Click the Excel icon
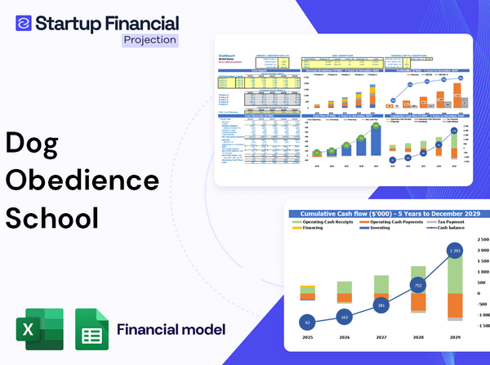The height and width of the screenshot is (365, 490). (x=38, y=330)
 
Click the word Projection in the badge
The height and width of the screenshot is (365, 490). (x=149, y=39)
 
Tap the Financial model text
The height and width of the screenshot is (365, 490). (x=171, y=330)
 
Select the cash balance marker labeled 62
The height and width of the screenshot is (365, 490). (x=306, y=323)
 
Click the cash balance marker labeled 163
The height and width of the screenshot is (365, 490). (x=344, y=316)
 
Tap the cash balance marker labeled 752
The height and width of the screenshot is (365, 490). (x=418, y=286)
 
